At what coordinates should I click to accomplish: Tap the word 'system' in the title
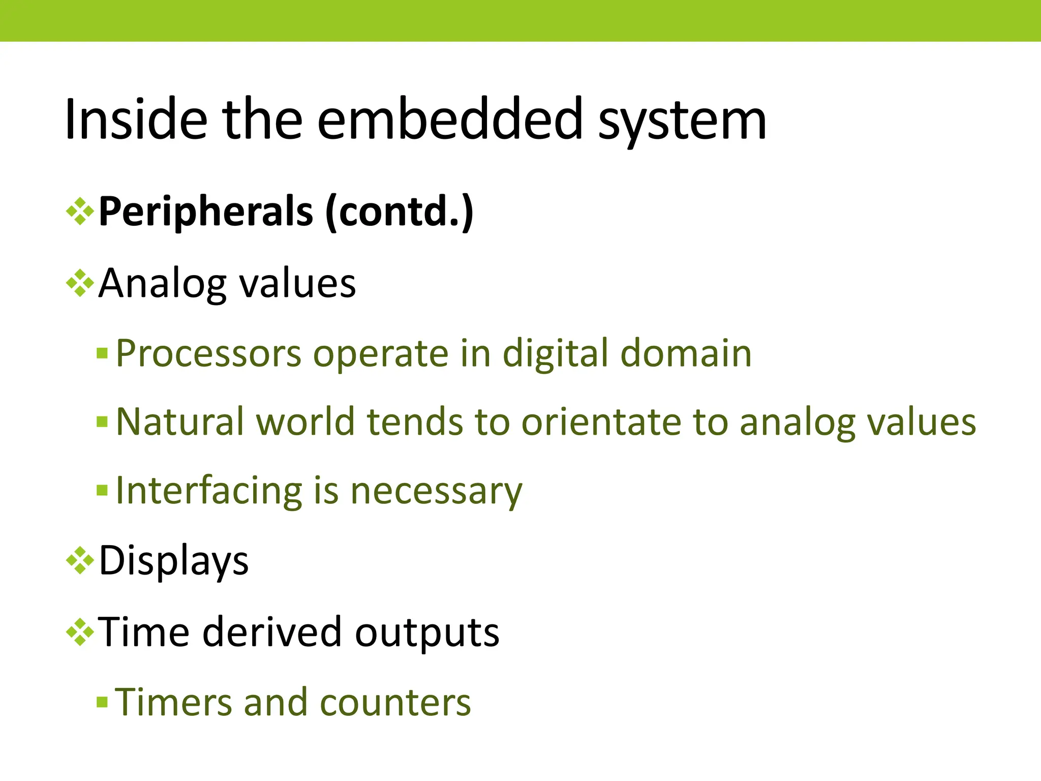(x=682, y=122)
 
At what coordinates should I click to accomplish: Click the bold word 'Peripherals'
(x=206, y=212)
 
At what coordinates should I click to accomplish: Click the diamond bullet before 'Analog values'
(x=80, y=283)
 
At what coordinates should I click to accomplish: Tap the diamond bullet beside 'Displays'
(x=80, y=561)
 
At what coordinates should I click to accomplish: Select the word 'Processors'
(x=208, y=354)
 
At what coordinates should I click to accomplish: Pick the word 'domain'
(x=686, y=353)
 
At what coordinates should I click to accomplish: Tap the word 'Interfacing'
(x=208, y=491)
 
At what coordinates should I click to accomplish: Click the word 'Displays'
(x=174, y=561)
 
